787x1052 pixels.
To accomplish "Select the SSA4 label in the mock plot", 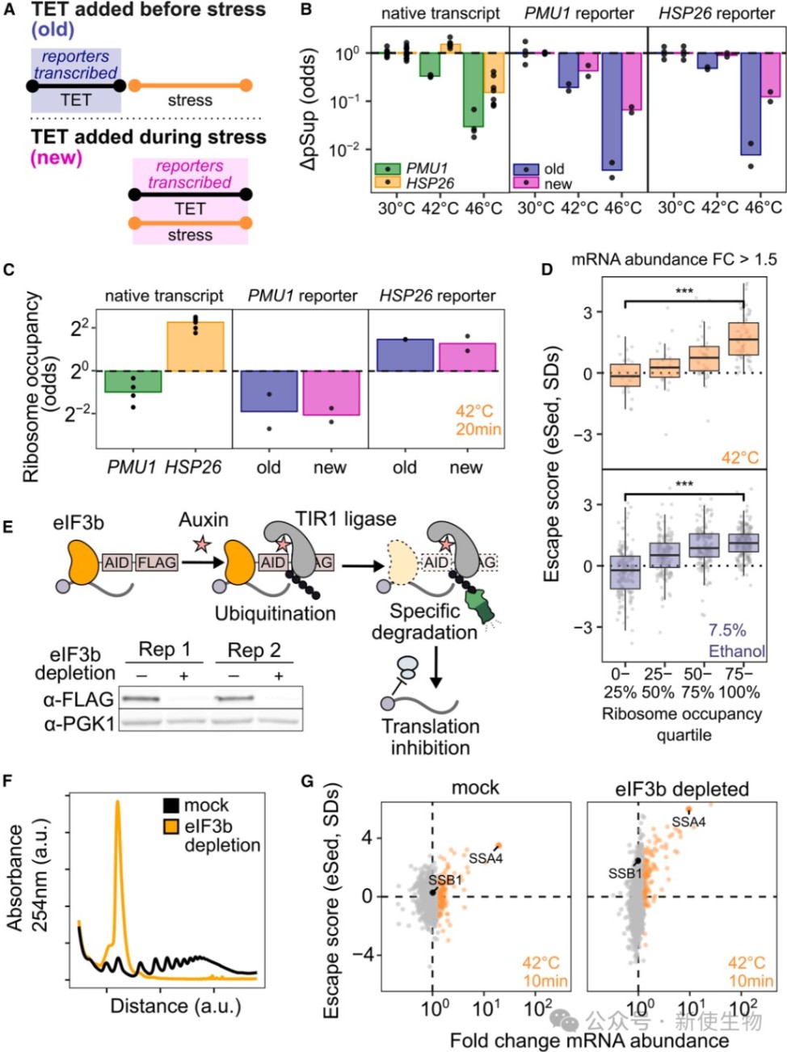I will tap(486, 858).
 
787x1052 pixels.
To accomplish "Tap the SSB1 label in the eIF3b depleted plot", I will tap(625, 873).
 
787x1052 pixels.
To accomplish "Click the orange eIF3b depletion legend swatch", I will tap(170, 826).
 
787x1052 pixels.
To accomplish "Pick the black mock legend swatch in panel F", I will tap(170, 805).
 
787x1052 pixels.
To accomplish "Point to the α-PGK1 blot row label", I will tap(78, 723).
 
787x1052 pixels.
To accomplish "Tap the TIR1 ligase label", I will tap(346, 519).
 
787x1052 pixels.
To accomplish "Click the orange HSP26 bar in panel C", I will tap(195, 347).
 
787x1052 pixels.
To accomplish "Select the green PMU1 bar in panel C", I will tap(133, 381).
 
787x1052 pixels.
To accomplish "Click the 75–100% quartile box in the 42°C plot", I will tap(743, 338).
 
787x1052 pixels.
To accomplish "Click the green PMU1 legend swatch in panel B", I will tap(389, 168).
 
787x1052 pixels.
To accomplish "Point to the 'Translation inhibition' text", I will tap(430, 737).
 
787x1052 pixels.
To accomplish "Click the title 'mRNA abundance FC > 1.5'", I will tap(674, 259).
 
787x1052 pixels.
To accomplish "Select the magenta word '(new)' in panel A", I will tap(57, 158).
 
